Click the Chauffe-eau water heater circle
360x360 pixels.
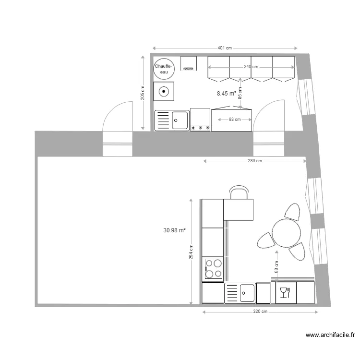tap(164, 69)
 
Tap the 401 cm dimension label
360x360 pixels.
tap(225, 48)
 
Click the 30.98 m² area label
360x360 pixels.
tap(174, 231)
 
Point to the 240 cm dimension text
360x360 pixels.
tap(251, 67)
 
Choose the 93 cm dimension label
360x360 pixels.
tap(234, 120)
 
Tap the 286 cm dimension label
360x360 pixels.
tap(254, 161)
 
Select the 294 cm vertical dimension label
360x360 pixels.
tap(191, 252)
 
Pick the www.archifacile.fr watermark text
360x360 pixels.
tap(330, 336)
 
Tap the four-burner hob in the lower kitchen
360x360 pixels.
tap(213, 269)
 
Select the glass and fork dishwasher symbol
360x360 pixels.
tap(284, 292)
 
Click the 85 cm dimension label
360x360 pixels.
tap(240, 90)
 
